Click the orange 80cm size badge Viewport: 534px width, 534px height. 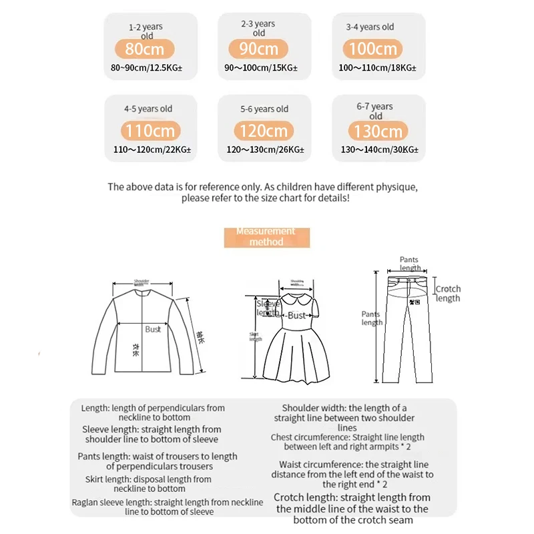[145, 49]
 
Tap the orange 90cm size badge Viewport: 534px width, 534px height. [259, 49]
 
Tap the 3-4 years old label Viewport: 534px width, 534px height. [370, 27]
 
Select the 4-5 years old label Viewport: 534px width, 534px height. [148, 109]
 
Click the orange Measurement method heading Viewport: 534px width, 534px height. [266, 237]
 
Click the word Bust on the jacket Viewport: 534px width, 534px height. [153, 329]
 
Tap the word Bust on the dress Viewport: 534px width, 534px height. [296, 315]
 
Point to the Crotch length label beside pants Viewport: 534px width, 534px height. [448, 294]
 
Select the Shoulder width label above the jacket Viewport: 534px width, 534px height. [142, 282]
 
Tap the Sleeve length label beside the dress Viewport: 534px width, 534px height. [268, 308]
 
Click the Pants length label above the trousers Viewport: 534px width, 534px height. [410, 264]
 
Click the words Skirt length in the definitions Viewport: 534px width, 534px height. [108, 479]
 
